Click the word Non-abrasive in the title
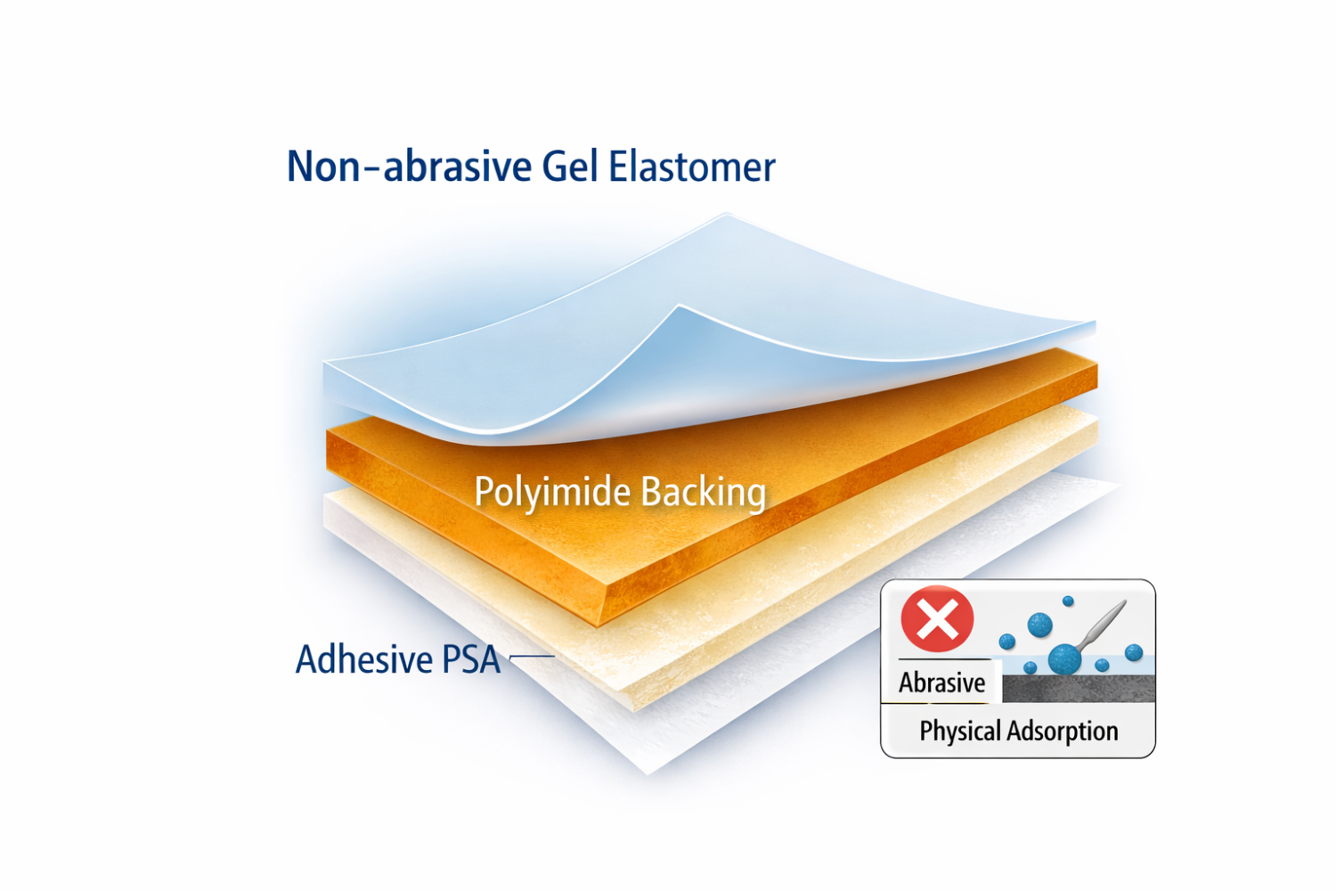(x=409, y=166)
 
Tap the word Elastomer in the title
(x=692, y=166)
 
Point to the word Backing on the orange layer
(x=704, y=493)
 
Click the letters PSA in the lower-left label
(x=470, y=659)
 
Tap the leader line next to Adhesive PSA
(x=532, y=657)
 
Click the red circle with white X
(x=937, y=619)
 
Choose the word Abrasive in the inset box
(x=941, y=683)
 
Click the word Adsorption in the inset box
(x=1062, y=732)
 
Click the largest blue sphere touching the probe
(x=1064, y=659)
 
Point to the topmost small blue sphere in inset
(x=1068, y=601)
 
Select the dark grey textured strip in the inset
(x=1079, y=689)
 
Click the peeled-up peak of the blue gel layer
(x=680, y=307)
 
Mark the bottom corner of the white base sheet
(x=648, y=774)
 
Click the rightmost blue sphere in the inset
(x=1134, y=652)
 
